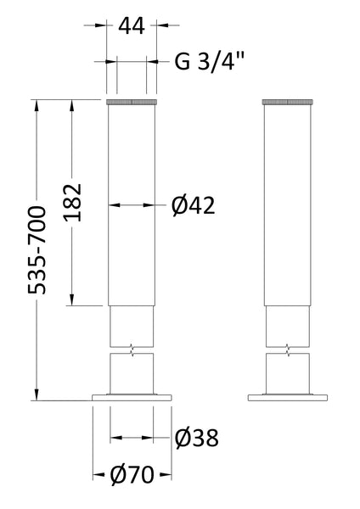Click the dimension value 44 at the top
pos(132,26)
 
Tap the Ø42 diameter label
pos(191,204)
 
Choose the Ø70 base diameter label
pos(132,472)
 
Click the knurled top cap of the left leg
pos(132,103)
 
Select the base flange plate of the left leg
pos(132,397)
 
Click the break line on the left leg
pos(132,348)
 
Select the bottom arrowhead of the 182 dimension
pos(72,301)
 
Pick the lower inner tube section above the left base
pos(132,374)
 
